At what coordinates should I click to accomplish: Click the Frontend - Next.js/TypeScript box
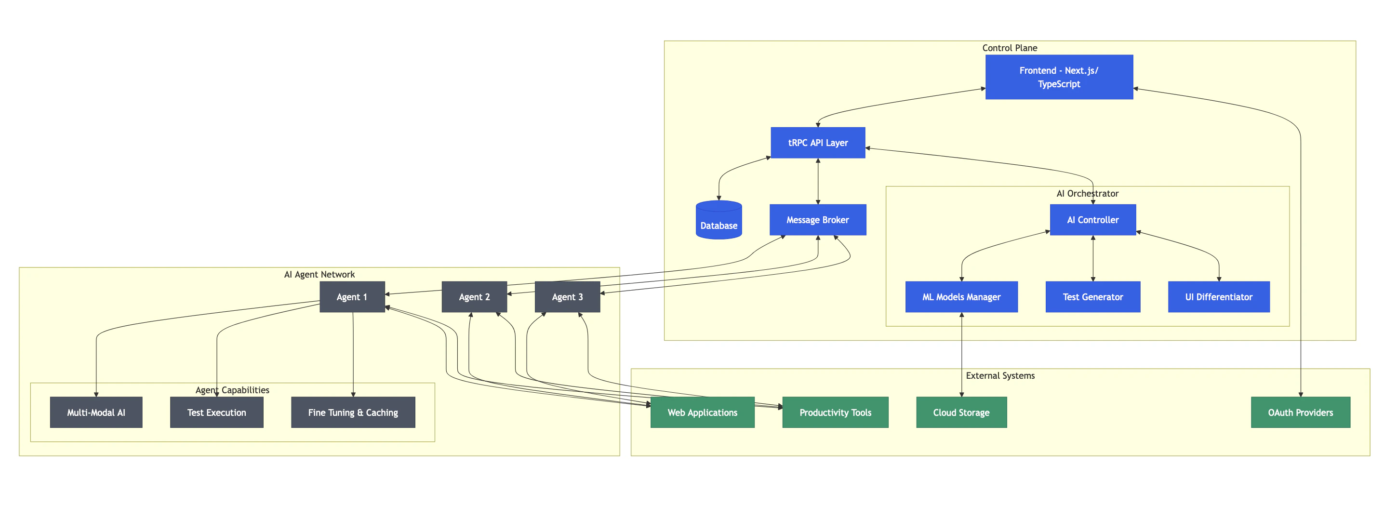pyautogui.click(x=1058, y=77)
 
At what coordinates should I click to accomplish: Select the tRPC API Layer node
pyautogui.click(x=817, y=142)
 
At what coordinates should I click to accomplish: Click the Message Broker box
pyautogui.click(x=817, y=220)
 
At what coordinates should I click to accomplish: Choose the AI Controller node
pyautogui.click(x=1092, y=220)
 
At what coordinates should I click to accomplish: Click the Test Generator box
pyautogui.click(x=1092, y=296)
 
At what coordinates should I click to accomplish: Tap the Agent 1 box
pyautogui.click(x=352, y=296)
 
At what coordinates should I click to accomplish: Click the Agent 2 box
pyautogui.click(x=474, y=296)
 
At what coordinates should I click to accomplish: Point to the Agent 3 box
pyautogui.click(x=567, y=296)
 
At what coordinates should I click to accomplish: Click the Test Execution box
pyautogui.click(x=216, y=412)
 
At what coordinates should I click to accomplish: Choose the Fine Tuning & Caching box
pyautogui.click(x=352, y=412)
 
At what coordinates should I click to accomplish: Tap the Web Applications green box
pyautogui.click(x=702, y=412)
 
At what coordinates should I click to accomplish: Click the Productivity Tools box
pyautogui.click(x=835, y=412)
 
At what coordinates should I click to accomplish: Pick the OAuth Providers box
pyautogui.click(x=1300, y=412)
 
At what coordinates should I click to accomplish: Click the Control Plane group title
pyautogui.click(x=1009, y=48)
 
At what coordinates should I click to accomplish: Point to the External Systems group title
pyautogui.click(x=999, y=375)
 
